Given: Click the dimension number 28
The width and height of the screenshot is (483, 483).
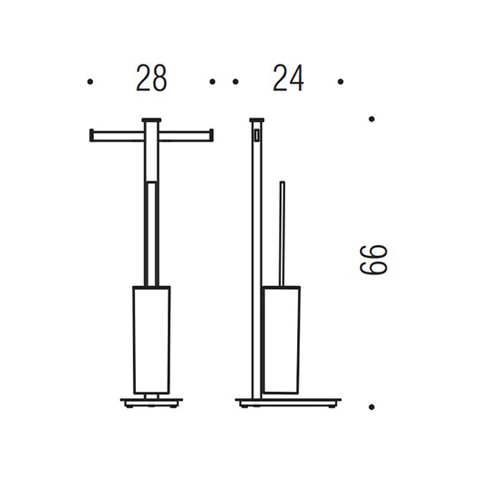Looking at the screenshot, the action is (151, 78).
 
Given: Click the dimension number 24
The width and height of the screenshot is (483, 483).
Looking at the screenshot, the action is (288, 78).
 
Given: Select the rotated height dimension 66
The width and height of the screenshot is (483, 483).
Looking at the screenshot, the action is (374, 260).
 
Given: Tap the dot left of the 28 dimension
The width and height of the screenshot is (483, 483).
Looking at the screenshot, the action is (90, 82).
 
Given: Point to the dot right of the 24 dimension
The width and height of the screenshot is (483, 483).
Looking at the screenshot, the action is (341, 82).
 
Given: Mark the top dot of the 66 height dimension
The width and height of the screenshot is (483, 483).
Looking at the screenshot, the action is (372, 118).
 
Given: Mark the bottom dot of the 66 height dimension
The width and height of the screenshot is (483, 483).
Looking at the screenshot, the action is (372, 407).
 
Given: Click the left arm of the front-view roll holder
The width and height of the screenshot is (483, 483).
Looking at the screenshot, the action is (117, 136).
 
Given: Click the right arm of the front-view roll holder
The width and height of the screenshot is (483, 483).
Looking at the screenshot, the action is (186, 136).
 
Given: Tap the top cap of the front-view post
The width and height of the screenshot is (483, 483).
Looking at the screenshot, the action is (151, 119).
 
